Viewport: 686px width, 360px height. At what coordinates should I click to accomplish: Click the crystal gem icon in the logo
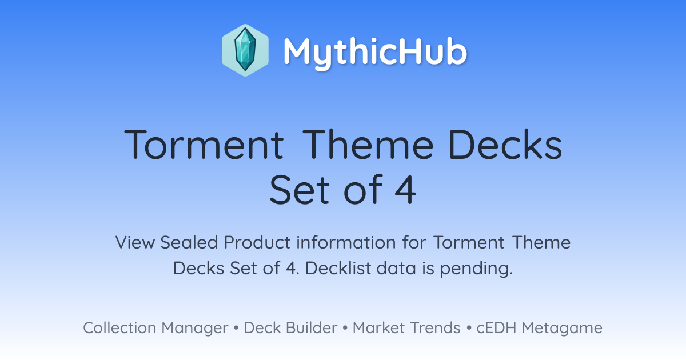coord(245,50)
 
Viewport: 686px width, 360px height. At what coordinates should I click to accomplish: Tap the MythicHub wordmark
coord(375,53)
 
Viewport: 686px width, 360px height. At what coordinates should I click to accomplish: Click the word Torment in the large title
coord(204,145)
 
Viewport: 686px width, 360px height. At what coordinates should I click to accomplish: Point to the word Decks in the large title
coord(505,144)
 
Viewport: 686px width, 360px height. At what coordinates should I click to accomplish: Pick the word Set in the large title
coord(299,190)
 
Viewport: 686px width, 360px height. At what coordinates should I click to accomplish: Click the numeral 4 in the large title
coord(405,190)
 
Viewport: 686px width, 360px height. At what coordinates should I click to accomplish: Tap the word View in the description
coord(135,242)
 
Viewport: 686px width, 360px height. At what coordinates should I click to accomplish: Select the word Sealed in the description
coord(189,242)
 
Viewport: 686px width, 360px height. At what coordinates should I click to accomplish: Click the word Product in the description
coord(257,242)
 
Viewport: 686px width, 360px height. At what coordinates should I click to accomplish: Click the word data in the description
coord(396,268)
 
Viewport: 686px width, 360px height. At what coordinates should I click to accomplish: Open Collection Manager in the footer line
coord(155,328)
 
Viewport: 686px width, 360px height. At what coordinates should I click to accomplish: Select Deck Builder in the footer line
coord(290,328)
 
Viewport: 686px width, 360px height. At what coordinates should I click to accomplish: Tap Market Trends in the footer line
coord(406,328)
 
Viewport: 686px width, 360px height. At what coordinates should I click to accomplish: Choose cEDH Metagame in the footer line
coord(540,328)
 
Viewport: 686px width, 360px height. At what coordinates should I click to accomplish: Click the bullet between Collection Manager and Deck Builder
coord(236,328)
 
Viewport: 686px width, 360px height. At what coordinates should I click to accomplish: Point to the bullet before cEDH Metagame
coord(469,328)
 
